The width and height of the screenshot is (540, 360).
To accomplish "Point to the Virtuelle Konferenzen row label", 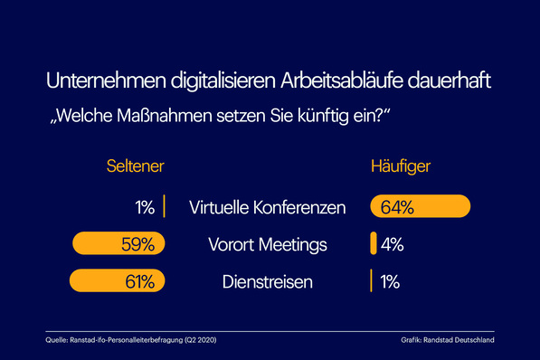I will tap(268, 207).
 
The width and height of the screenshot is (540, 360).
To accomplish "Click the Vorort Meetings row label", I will tap(268, 245).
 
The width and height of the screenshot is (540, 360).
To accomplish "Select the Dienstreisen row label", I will tap(268, 282).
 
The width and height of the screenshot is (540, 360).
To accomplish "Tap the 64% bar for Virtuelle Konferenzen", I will tap(421, 207).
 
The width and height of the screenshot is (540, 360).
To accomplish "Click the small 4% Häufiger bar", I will tap(373, 245).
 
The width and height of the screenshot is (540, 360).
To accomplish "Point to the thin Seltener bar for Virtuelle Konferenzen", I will tap(164, 207).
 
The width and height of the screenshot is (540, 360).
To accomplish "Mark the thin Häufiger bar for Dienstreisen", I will tap(372, 282).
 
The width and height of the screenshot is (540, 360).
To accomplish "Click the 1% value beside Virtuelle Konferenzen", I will tap(145, 207).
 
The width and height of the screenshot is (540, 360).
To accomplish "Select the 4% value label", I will tap(392, 245).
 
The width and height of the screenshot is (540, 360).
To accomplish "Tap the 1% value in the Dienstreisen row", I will tap(390, 282).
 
